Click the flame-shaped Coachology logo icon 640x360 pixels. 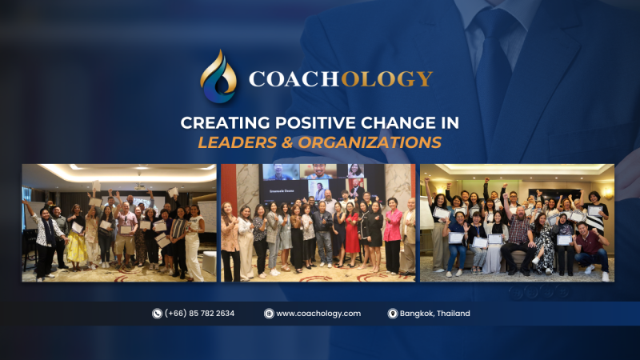point(218,76)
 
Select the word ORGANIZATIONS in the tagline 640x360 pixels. point(370,142)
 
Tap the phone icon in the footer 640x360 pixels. point(157,314)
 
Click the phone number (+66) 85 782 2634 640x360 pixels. point(199,314)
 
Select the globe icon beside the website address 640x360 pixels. point(269,314)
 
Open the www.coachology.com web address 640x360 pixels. point(318,314)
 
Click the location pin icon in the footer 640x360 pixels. point(393,314)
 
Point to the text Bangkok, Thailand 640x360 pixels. point(434,314)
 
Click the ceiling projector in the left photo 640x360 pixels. point(140,186)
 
